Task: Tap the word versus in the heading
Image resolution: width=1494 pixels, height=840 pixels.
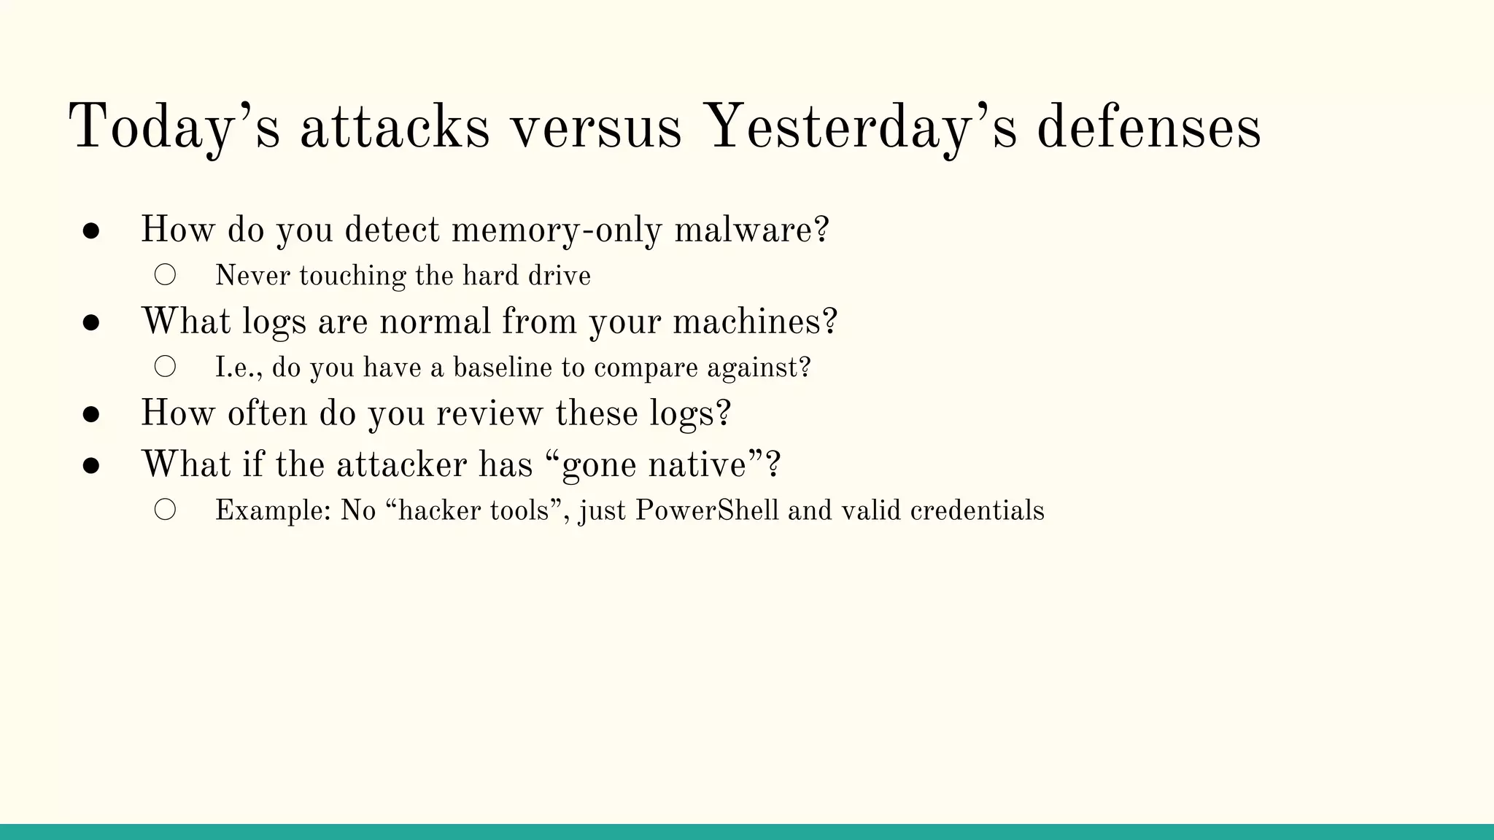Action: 596,128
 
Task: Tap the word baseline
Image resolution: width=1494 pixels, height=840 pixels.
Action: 503,367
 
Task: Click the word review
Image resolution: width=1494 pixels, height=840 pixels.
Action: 489,413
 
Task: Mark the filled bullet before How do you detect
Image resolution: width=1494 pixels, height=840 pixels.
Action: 91,231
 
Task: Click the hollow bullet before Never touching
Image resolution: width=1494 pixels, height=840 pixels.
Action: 166,275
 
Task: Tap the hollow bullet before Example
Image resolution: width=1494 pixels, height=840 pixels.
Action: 166,510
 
